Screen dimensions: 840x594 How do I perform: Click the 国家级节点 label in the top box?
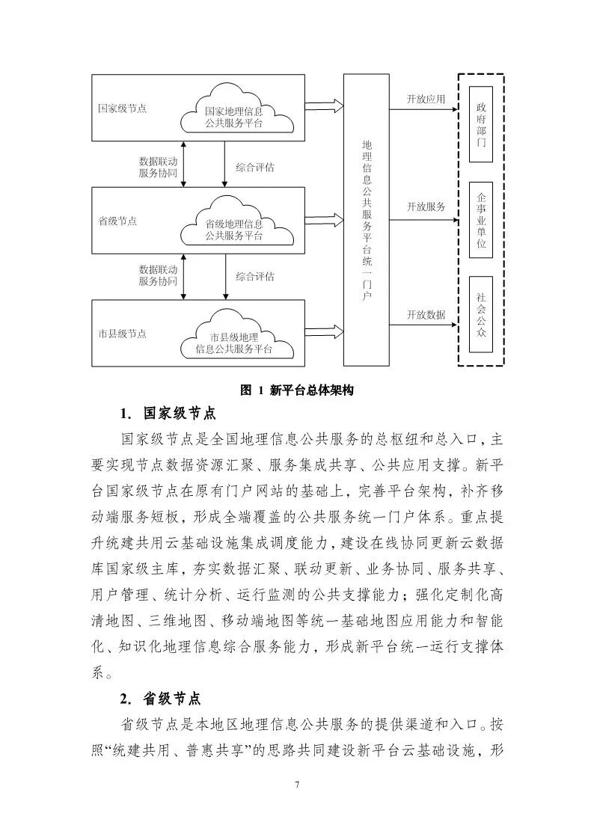123,108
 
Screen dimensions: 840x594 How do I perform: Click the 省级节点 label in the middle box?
118,221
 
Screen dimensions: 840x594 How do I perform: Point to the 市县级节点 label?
123,334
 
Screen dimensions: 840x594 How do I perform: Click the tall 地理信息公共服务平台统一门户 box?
366,220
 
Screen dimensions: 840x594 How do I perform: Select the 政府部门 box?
480,124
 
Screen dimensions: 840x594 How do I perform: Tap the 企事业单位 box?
480,220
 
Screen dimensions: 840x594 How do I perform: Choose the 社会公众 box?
480,315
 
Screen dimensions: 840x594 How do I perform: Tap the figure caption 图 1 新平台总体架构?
296,390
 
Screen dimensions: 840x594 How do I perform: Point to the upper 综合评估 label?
254,168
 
